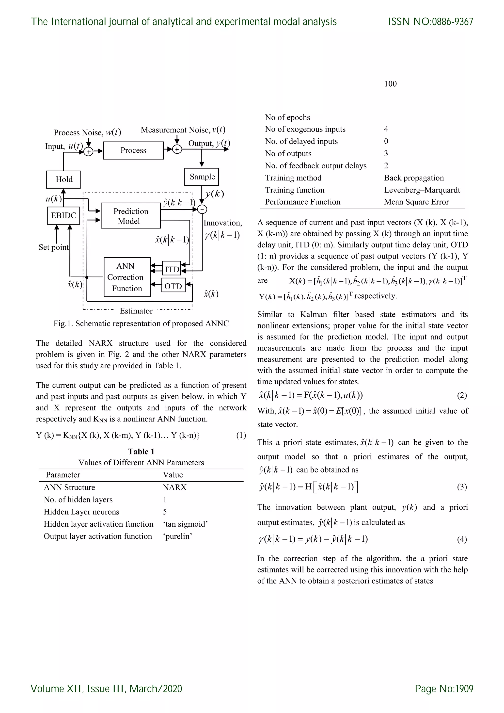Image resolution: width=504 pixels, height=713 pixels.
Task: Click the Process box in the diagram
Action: click(133, 151)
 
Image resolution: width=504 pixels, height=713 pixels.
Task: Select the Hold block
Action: click(63, 179)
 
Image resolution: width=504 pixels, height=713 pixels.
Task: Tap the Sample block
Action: click(202, 177)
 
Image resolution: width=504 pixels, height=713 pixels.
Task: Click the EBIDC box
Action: click(63, 215)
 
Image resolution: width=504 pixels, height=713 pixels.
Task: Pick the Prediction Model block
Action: click(131, 216)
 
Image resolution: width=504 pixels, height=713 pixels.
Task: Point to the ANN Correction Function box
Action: click(127, 277)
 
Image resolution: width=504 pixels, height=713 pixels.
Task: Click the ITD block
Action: click(172, 268)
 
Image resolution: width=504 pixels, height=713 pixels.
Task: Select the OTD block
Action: click(173, 285)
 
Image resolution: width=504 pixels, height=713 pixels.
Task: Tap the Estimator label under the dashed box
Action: click(136, 311)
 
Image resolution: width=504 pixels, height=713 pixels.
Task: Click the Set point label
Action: click(53, 247)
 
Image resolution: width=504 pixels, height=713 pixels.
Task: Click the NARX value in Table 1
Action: click(174, 487)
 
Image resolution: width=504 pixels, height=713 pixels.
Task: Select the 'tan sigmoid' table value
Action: click(185, 524)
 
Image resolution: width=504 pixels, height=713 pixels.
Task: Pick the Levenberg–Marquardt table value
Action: click(422, 190)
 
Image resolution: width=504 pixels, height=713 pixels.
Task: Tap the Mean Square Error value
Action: click(416, 202)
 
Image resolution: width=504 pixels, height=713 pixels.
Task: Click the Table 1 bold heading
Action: click(141, 452)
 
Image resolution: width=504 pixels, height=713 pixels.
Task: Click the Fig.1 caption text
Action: click(141, 324)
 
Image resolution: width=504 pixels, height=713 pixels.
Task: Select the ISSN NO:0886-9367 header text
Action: click(430, 22)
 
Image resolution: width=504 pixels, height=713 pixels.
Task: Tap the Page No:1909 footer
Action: click(444, 689)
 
